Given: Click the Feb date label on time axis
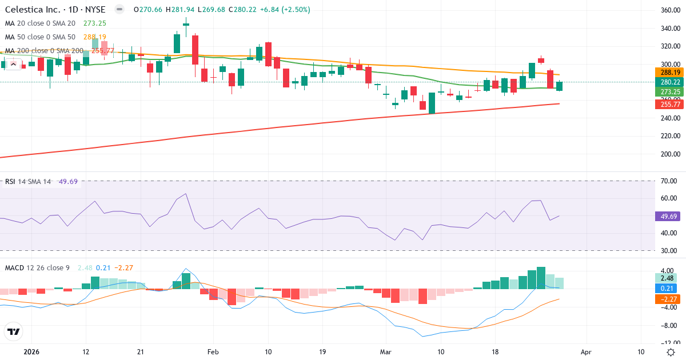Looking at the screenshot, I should pos(213,351).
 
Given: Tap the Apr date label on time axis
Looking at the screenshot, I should pos(585,351).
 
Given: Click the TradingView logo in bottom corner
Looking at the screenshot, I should pos(14,331).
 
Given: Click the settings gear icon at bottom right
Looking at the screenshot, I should pos(671,351).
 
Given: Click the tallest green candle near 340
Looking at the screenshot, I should pos(177,43).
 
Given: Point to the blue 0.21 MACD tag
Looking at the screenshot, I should pos(667,288).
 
